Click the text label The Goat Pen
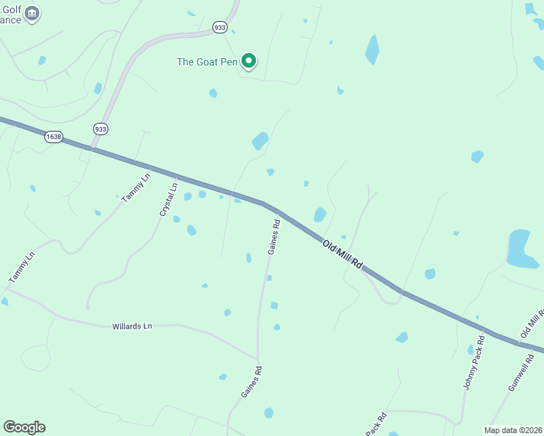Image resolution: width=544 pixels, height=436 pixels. click(x=207, y=62)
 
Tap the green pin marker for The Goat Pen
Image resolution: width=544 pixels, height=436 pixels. click(x=249, y=61)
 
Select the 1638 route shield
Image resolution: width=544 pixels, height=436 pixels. click(x=53, y=137)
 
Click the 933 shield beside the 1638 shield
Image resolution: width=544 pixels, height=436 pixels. click(x=100, y=129)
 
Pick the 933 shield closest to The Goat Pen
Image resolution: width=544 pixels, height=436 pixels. click(x=220, y=27)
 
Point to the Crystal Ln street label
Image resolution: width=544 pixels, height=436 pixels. click(x=169, y=198)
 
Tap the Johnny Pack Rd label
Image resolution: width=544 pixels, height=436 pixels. click(x=473, y=363)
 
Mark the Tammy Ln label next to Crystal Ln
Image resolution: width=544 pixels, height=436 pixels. click(x=136, y=187)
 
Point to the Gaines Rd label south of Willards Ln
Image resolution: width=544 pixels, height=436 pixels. click(x=252, y=381)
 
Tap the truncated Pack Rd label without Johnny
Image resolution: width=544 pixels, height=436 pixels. click(x=375, y=424)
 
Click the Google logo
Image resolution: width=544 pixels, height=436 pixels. click(x=24, y=427)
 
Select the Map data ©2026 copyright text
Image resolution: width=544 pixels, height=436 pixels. click(x=513, y=430)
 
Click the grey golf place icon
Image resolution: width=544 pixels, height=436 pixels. click(x=31, y=14)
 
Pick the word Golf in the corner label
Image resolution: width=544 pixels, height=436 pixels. click(x=10, y=9)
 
